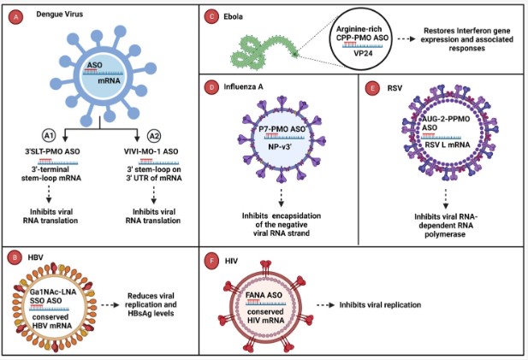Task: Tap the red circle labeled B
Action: [14, 256]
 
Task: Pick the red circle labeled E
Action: [369, 87]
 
